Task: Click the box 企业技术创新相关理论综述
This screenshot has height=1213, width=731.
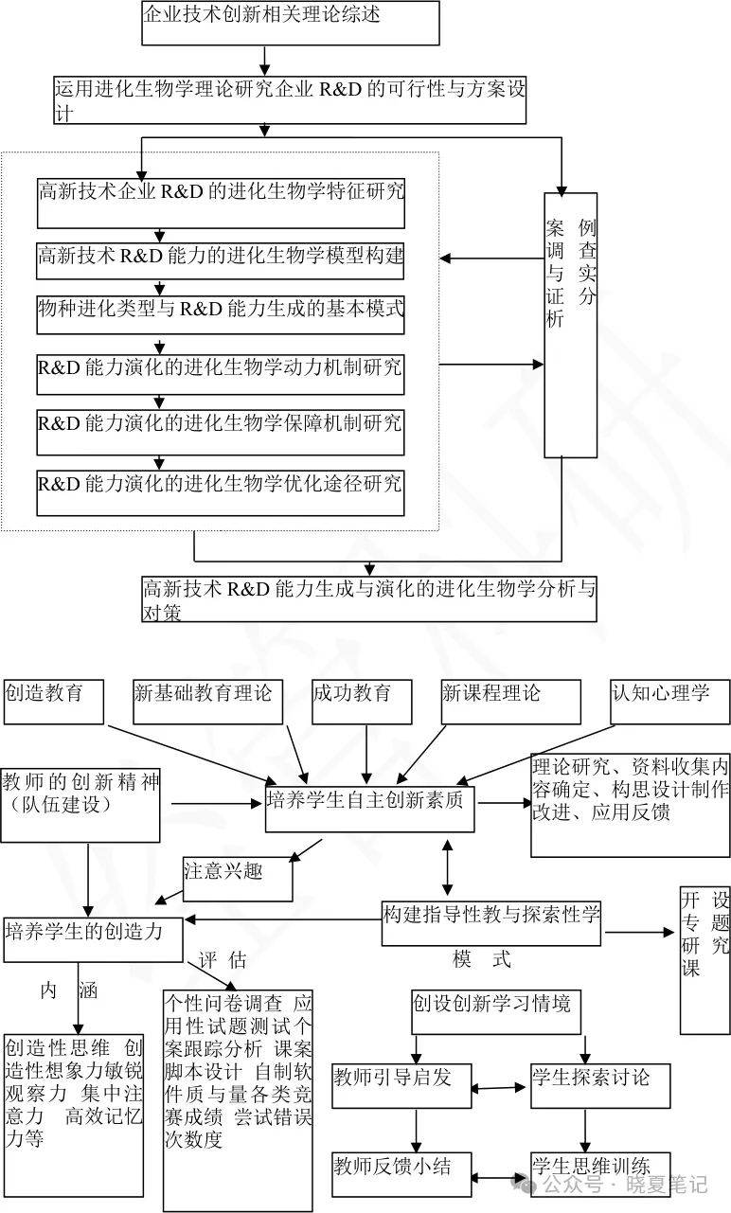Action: (291, 23)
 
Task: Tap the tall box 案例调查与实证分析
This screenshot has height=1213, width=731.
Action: (571, 325)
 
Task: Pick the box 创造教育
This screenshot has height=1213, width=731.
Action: (55, 701)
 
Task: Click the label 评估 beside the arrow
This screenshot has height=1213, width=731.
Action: (223, 960)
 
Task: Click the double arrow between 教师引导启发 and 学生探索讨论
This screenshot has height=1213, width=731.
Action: (500, 1089)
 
